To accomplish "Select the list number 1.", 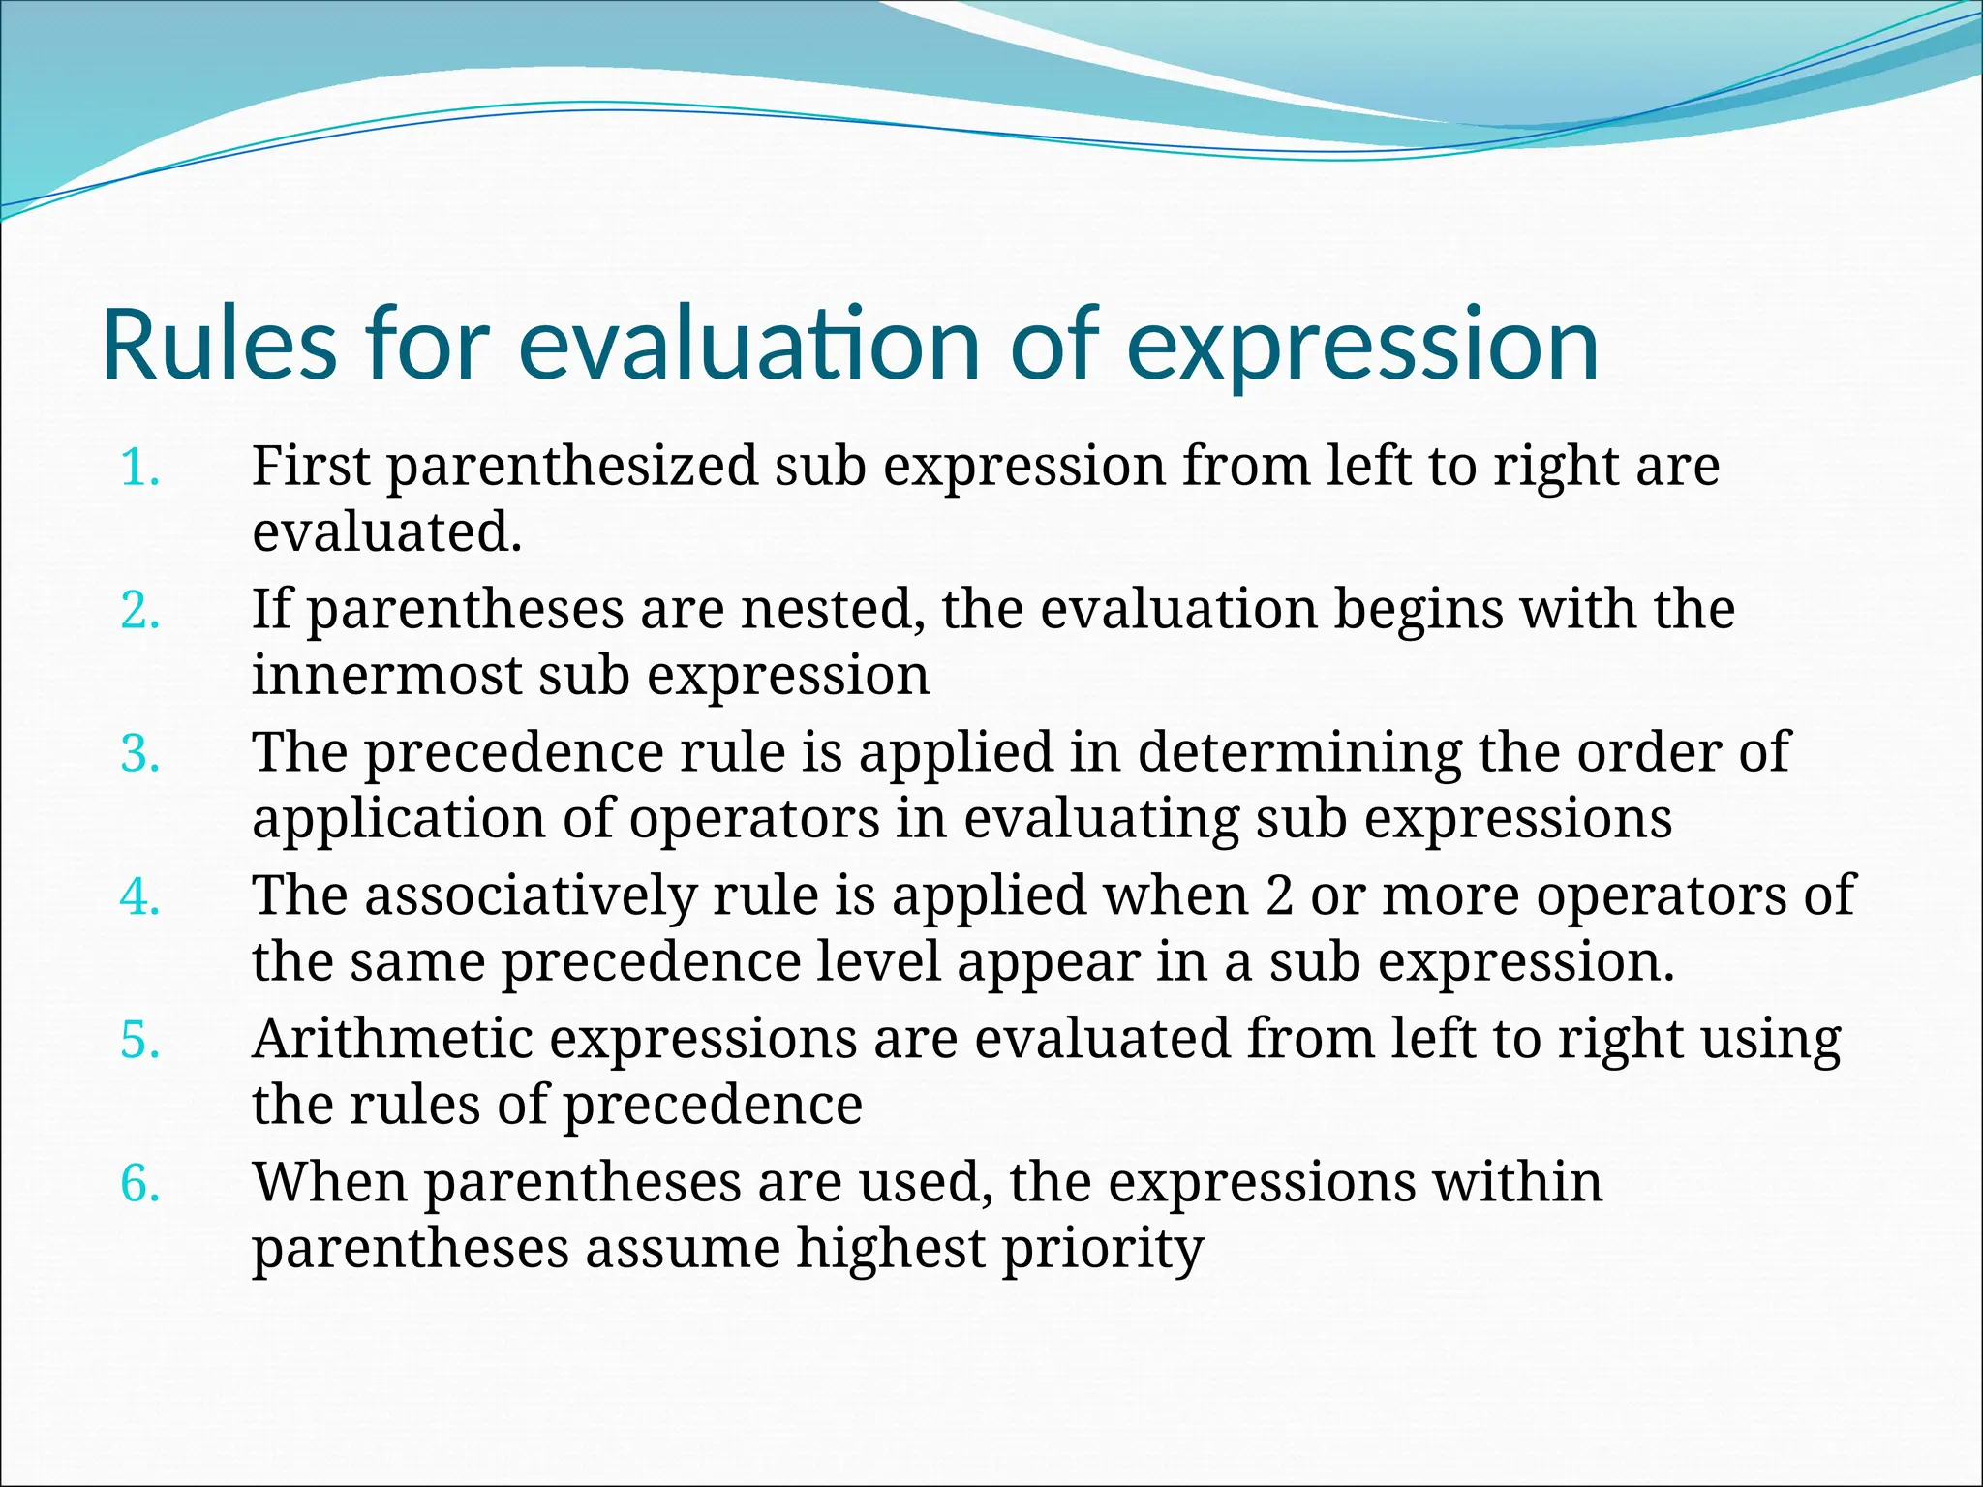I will [139, 468].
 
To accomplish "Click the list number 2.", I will [139, 611].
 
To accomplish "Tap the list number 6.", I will [139, 1183].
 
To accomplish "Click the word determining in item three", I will [1298, 752].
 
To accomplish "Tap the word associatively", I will [531, 895].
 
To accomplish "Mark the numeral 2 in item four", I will [1279, 895].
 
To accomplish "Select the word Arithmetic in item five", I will [392, 1039].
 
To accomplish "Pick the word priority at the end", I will [1103, 1250].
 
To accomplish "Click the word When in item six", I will [328, 1182].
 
